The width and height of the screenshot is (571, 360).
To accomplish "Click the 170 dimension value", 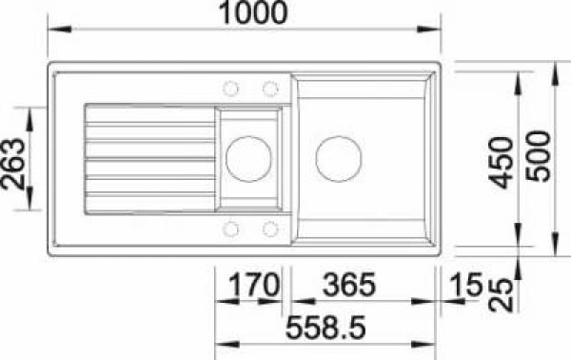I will pyautogui.click(x=246, y=286).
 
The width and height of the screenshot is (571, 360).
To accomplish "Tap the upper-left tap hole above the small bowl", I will pyautogui.click(x=230, y=89).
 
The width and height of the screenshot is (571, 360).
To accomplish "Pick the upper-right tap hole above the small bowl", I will pyautogui.click(x=269, y=89).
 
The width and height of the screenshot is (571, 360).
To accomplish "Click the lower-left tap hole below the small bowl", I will pyautogui.click(x=230, y=228).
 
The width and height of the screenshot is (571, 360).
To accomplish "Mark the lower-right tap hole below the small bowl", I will pyautogui.click(x=269, y=228).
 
